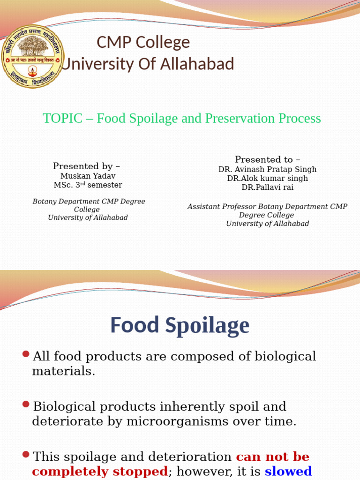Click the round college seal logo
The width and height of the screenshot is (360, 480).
33,57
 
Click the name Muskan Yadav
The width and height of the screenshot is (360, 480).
88,176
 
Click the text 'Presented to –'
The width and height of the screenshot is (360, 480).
268,160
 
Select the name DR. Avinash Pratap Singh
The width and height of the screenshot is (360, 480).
267,170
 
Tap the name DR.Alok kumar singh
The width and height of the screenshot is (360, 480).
267,179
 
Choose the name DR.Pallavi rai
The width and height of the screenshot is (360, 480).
267,187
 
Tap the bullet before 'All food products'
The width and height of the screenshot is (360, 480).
26,354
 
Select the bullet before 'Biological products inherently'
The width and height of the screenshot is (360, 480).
26,404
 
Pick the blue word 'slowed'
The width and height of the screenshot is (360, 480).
288,471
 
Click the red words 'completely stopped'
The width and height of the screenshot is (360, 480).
99,471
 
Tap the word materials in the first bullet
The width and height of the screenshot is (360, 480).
63,372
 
